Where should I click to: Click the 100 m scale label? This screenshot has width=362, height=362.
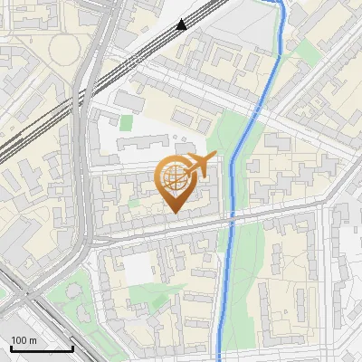[24, 340]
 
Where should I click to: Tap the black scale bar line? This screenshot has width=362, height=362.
[42, 348]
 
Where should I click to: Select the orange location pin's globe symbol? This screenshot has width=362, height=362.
[174, 176]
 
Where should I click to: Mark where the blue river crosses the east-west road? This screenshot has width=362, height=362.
[229, 219]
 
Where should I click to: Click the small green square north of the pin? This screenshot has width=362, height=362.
[127, 121]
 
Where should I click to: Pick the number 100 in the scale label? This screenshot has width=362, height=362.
[19, 340]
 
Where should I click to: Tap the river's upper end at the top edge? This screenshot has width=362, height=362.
[280, 4]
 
